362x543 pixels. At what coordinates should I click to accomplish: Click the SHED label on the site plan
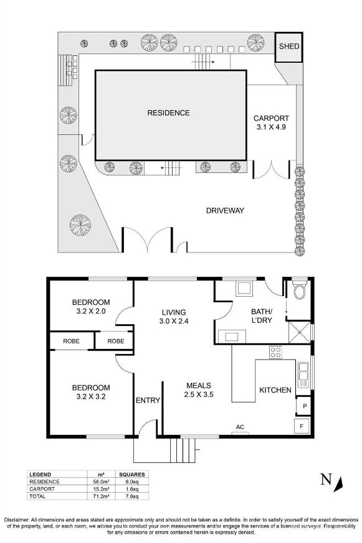288,47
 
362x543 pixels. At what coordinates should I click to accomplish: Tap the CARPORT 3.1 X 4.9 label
271,123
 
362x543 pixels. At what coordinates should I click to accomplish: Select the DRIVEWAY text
225,211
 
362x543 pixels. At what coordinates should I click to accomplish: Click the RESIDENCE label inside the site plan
168,113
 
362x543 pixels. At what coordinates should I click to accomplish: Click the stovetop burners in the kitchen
275,351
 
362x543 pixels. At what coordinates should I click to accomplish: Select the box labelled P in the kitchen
304,406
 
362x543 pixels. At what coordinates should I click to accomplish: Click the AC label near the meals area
239,427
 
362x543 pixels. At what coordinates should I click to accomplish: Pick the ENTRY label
148,400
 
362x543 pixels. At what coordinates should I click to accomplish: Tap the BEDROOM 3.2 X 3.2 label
90,392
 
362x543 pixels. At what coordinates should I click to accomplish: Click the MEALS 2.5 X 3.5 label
198,389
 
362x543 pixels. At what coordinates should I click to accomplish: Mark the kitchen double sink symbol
304,374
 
